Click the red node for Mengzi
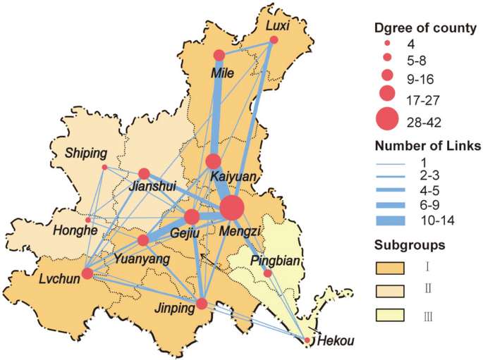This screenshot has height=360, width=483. click(x=232, y=209)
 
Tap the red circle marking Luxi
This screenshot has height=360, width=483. click(x=274, y=40)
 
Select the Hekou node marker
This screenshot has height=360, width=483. click(x=307, y=341)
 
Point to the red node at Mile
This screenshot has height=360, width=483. click(x=219, y=55)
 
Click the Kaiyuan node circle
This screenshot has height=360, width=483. click(x=214, y=161)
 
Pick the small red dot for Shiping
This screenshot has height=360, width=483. click(x=104, y=167)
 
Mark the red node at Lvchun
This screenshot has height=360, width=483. click(x=87, y=273)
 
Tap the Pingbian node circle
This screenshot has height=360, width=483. click(x=267, y=273)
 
